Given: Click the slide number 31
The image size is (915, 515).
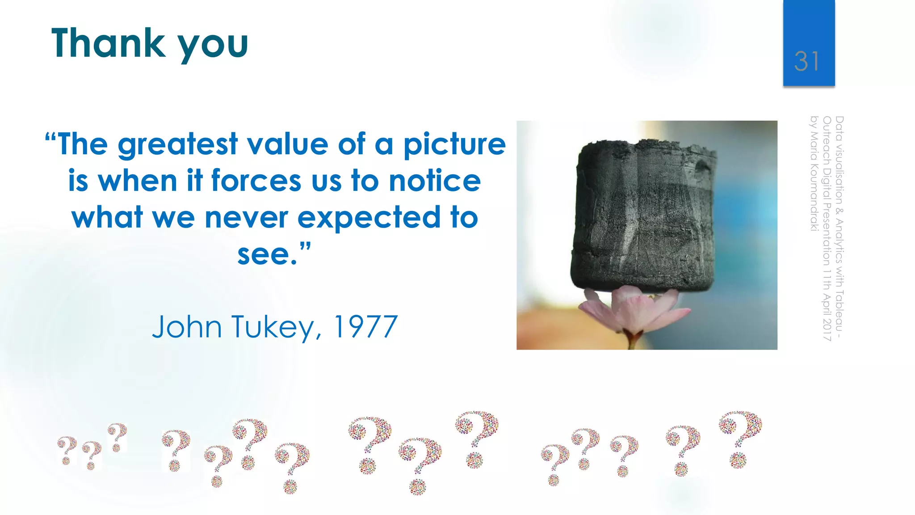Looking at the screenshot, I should pyautogui.click(x=806, y=61).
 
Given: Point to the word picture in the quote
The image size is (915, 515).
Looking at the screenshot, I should pyautogui.click(x=454, y=145).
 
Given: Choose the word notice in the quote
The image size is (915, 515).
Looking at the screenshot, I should pyautogui.click(x=435, y=181).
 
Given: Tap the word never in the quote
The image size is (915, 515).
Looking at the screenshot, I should pyautogui.click(x=246, y=218).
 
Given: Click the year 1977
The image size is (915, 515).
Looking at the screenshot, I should pyautogui.click(x=365, y=327).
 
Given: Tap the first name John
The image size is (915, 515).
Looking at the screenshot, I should pyautogui.click(x=187, y=327).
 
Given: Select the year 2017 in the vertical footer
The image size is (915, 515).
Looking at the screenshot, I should pyautogui.click(x=827, y=329).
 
